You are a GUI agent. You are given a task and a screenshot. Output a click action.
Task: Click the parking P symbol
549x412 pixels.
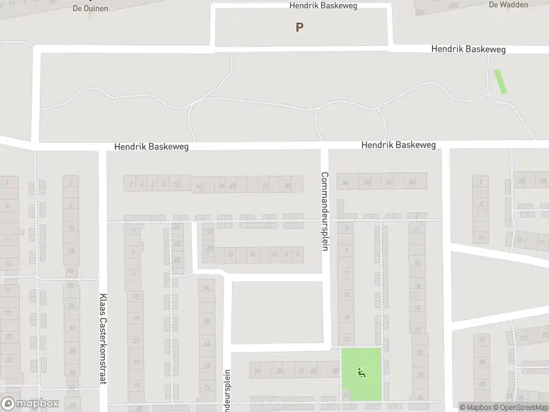(x=299, y=27)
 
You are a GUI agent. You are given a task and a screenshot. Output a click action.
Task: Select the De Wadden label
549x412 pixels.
(x=508, y=4)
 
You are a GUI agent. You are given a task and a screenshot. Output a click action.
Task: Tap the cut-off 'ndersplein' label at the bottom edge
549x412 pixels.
(x=226, y=391)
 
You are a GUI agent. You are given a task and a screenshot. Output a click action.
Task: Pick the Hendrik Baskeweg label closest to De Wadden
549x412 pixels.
(x=469, y=49)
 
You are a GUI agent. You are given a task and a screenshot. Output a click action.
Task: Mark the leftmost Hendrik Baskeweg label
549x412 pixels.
(x=151, y=147)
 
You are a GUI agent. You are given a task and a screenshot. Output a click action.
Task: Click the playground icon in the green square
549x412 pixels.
(x=362, y=373)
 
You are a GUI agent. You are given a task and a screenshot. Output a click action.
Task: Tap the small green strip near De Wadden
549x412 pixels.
(x=501, y=82)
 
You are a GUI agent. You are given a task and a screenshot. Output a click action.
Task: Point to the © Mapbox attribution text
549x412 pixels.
(x=476, y=408)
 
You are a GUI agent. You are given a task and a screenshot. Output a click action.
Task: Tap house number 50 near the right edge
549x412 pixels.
(x=522, y=181)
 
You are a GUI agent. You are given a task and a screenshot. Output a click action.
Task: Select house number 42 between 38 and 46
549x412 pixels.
(x=390, y=182)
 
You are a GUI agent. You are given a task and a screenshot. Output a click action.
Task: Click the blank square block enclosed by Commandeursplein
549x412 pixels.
(x=277, y=312)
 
